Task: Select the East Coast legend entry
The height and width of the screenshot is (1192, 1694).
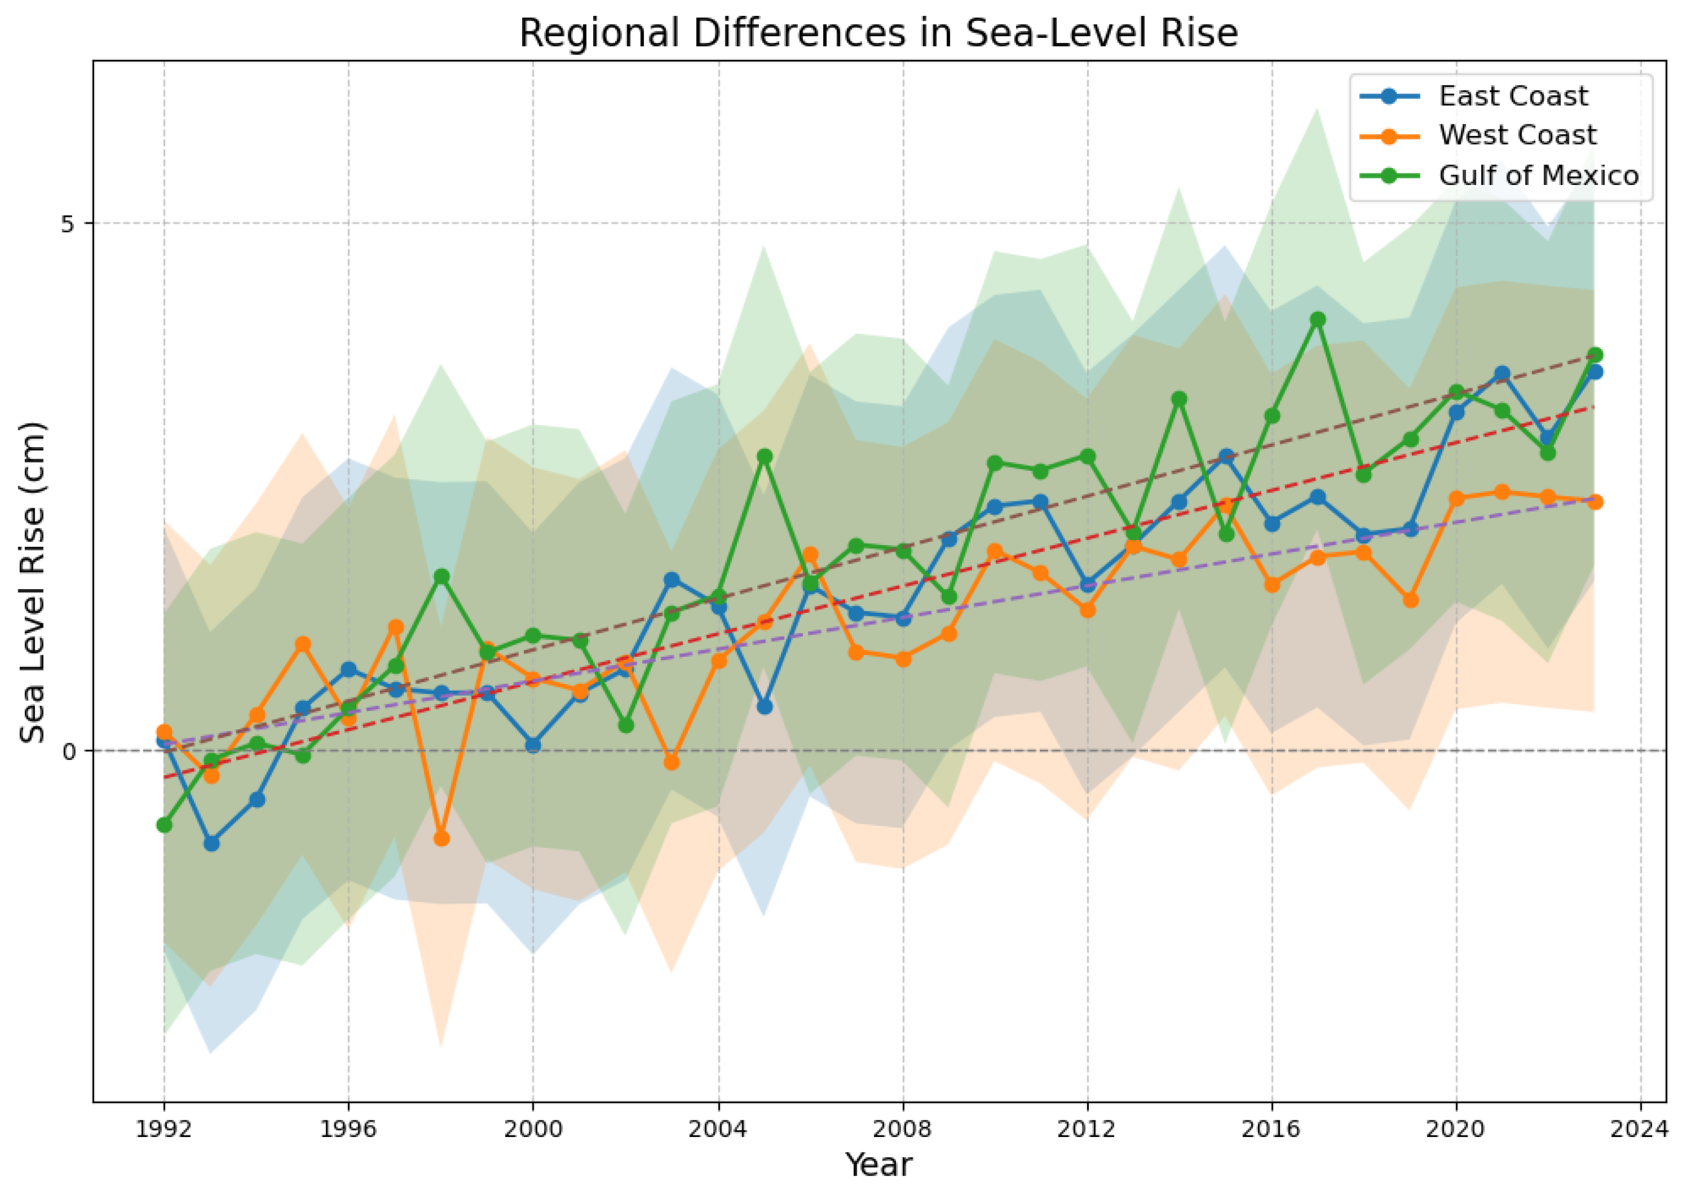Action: (x=1512, y=96)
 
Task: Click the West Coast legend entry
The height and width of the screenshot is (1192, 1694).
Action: (x=1517, y=135)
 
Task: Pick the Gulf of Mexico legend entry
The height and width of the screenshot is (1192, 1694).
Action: (x=1538, y=176)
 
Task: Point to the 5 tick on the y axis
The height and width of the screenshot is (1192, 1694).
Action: (x=69, y=223)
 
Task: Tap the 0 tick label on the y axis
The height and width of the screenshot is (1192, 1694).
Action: (x=69, y=752)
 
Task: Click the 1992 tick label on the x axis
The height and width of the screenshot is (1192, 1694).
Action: (x=164, y=1130)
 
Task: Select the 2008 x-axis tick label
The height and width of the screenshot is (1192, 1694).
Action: (x=902, y=1130)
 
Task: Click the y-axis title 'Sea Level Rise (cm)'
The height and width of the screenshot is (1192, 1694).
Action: (x=32, y=583)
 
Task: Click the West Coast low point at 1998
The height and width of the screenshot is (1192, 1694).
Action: (x=441, y=839)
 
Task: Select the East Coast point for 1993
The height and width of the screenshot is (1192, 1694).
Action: (x=211, y=843)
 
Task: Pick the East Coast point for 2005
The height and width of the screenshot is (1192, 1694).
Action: (x=764, y=706)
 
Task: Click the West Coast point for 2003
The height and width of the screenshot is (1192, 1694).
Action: (x=671, y=762)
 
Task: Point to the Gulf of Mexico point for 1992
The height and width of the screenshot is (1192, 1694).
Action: (x=164, y=825)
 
